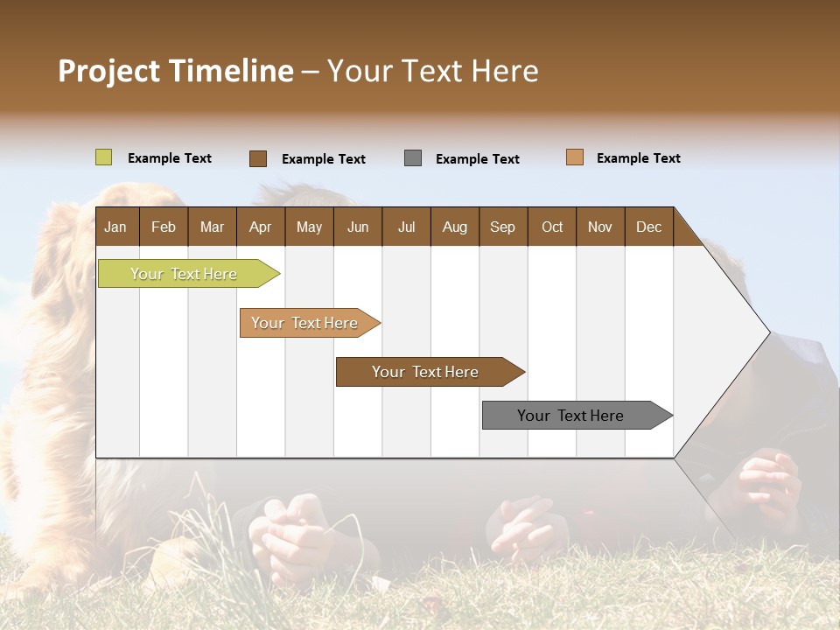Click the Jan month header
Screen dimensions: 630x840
[116, 227]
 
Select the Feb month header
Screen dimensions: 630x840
[164, 227]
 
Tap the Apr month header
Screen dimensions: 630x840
[261, 227]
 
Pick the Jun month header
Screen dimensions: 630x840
[358, 227]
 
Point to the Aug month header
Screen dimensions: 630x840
[455, 227]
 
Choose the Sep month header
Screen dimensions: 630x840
[503, 227]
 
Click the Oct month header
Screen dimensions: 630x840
[552, 227]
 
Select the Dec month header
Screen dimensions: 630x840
[649, 227]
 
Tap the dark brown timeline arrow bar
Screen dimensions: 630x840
[426, 372]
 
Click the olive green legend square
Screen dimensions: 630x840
[104, 157]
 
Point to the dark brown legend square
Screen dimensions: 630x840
[258, 158]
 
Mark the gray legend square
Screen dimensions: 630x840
[413, 158]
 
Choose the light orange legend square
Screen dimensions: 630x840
[575, 157]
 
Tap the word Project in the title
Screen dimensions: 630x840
[109, 71]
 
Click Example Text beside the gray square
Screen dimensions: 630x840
[478, 159]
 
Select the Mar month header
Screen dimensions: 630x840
[212, 227]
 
